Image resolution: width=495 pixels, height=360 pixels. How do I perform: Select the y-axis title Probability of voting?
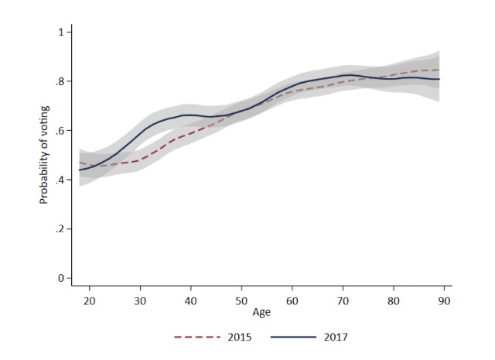coord(44,155)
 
